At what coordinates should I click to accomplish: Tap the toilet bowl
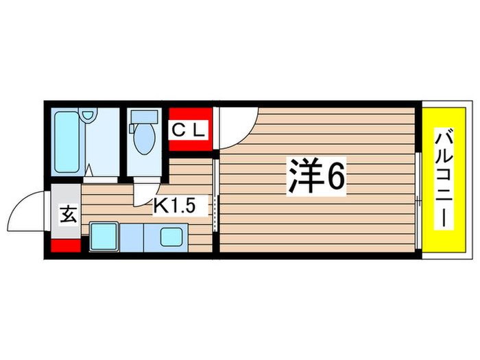[x=144, y=141]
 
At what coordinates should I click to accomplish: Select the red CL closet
[x=189, y=128]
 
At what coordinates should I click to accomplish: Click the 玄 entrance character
[x=67, y=215]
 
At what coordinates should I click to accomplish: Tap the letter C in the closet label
[x=176, y=128]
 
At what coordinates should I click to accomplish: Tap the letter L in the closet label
[x=199, y=128]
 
